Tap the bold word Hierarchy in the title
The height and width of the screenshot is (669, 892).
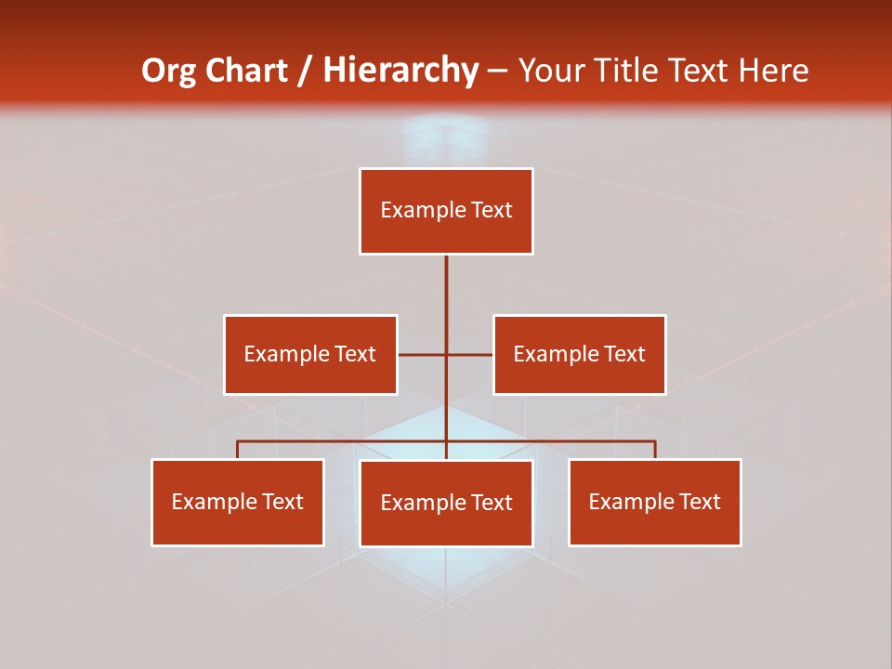click(x=400, y=71)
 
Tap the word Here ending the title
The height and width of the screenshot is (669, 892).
click(x=774, y=71)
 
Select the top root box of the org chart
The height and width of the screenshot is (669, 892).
click(x=446, y=211)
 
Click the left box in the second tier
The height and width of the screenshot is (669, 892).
click(x=310, y=355)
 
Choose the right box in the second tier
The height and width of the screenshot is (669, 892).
click(x=580, y=355)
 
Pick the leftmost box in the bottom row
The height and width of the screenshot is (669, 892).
click(x=238, y=503)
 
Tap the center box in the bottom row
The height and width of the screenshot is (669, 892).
click(x=446, y=504)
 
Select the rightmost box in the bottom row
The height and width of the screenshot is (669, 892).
click(x=655, y=503)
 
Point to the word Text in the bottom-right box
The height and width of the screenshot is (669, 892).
click(x=700, y=502)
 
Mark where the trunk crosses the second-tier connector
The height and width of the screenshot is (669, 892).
click(x=446, y=354)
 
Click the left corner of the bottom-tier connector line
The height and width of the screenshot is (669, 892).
click(x=238, y=441)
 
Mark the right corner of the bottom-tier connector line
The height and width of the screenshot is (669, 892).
click(x=655, y=441)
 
